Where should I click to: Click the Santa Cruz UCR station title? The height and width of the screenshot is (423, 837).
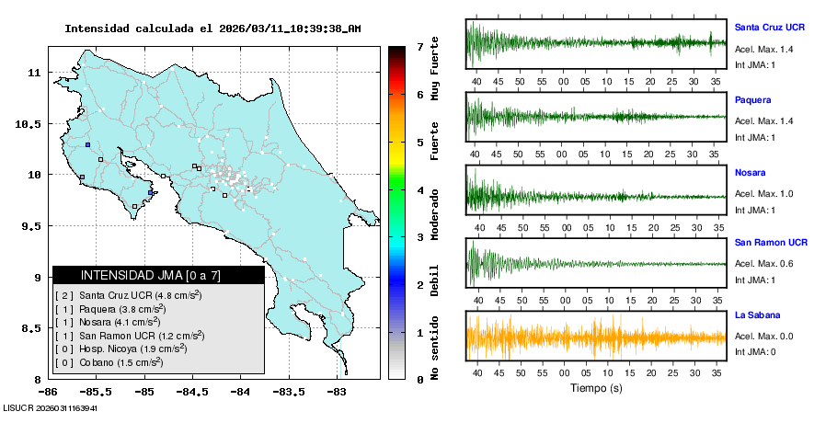pos(771,27)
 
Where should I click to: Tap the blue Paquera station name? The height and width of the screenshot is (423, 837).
pos(753,99)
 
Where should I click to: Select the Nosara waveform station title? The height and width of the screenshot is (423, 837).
pos(751,172)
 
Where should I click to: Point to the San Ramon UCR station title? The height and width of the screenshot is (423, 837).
pos(771,243)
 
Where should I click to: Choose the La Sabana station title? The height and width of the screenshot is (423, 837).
pos(756,314)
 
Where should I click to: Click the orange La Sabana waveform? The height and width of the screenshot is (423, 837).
pos(596,337)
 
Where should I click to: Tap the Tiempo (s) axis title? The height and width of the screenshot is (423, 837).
pos(596,388)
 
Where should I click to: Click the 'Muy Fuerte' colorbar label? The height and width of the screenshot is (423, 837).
pos(435,63)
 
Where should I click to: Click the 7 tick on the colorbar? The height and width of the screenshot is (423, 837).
pos(419,46)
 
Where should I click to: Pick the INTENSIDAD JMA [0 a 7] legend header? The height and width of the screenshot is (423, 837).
pos(151,275)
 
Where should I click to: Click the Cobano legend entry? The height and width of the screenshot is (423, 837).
pos(109,362)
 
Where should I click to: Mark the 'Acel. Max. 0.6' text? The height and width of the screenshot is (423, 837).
pos(763,265)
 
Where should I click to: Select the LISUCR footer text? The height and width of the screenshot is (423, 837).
pos(50,407)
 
